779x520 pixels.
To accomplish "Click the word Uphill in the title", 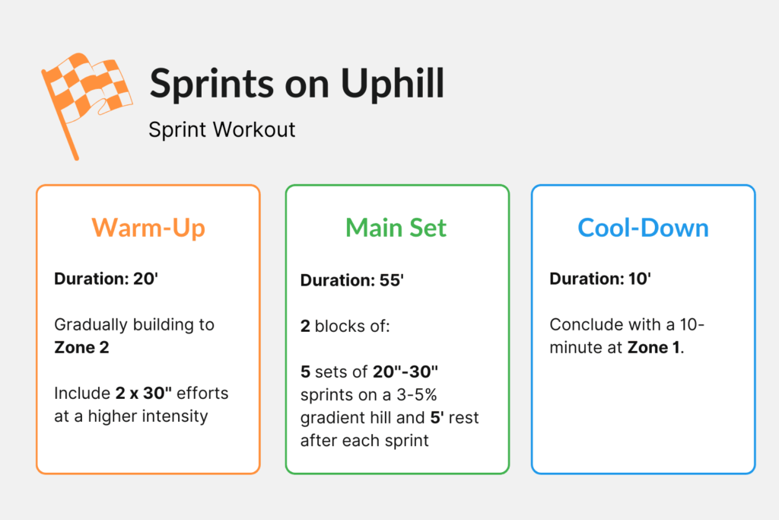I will coord(393,84).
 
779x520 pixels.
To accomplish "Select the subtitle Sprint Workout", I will coord(221,129).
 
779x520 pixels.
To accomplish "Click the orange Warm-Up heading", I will coord(148,228).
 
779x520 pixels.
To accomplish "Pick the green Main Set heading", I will coord(396,228).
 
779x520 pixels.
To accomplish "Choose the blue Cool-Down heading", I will coord(643,228).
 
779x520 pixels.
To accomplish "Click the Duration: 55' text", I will coord(351,280).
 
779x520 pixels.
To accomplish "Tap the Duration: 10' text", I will coord(600,279).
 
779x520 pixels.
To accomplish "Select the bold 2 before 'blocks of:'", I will coord(305,326).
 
